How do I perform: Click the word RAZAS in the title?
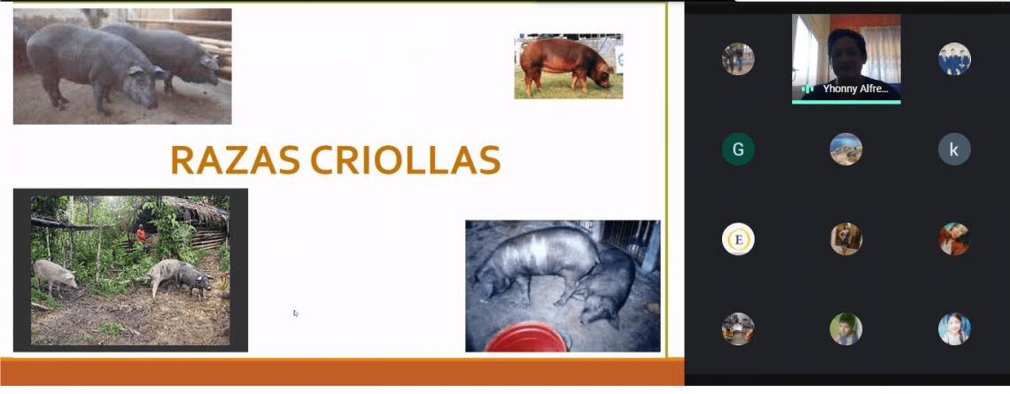[x=235, y=159]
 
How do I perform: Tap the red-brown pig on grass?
[x=566, y=65]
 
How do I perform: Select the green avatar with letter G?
[x=737, y=150]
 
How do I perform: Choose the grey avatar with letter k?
[x=954, y=150]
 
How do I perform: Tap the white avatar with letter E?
[x=737, y=239]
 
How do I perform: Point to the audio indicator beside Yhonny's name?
[x=808, y=89]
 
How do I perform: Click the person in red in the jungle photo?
[x=141, y=235]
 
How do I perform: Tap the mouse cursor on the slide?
[x=296, y=313]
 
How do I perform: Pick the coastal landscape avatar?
[x=846, y=150]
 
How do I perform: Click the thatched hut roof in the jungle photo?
[x=187, y=209]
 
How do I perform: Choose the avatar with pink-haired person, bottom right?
[x=954, y=329]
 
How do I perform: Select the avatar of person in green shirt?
[x=846, y=329]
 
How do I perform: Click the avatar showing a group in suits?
[x=954, y=59]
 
